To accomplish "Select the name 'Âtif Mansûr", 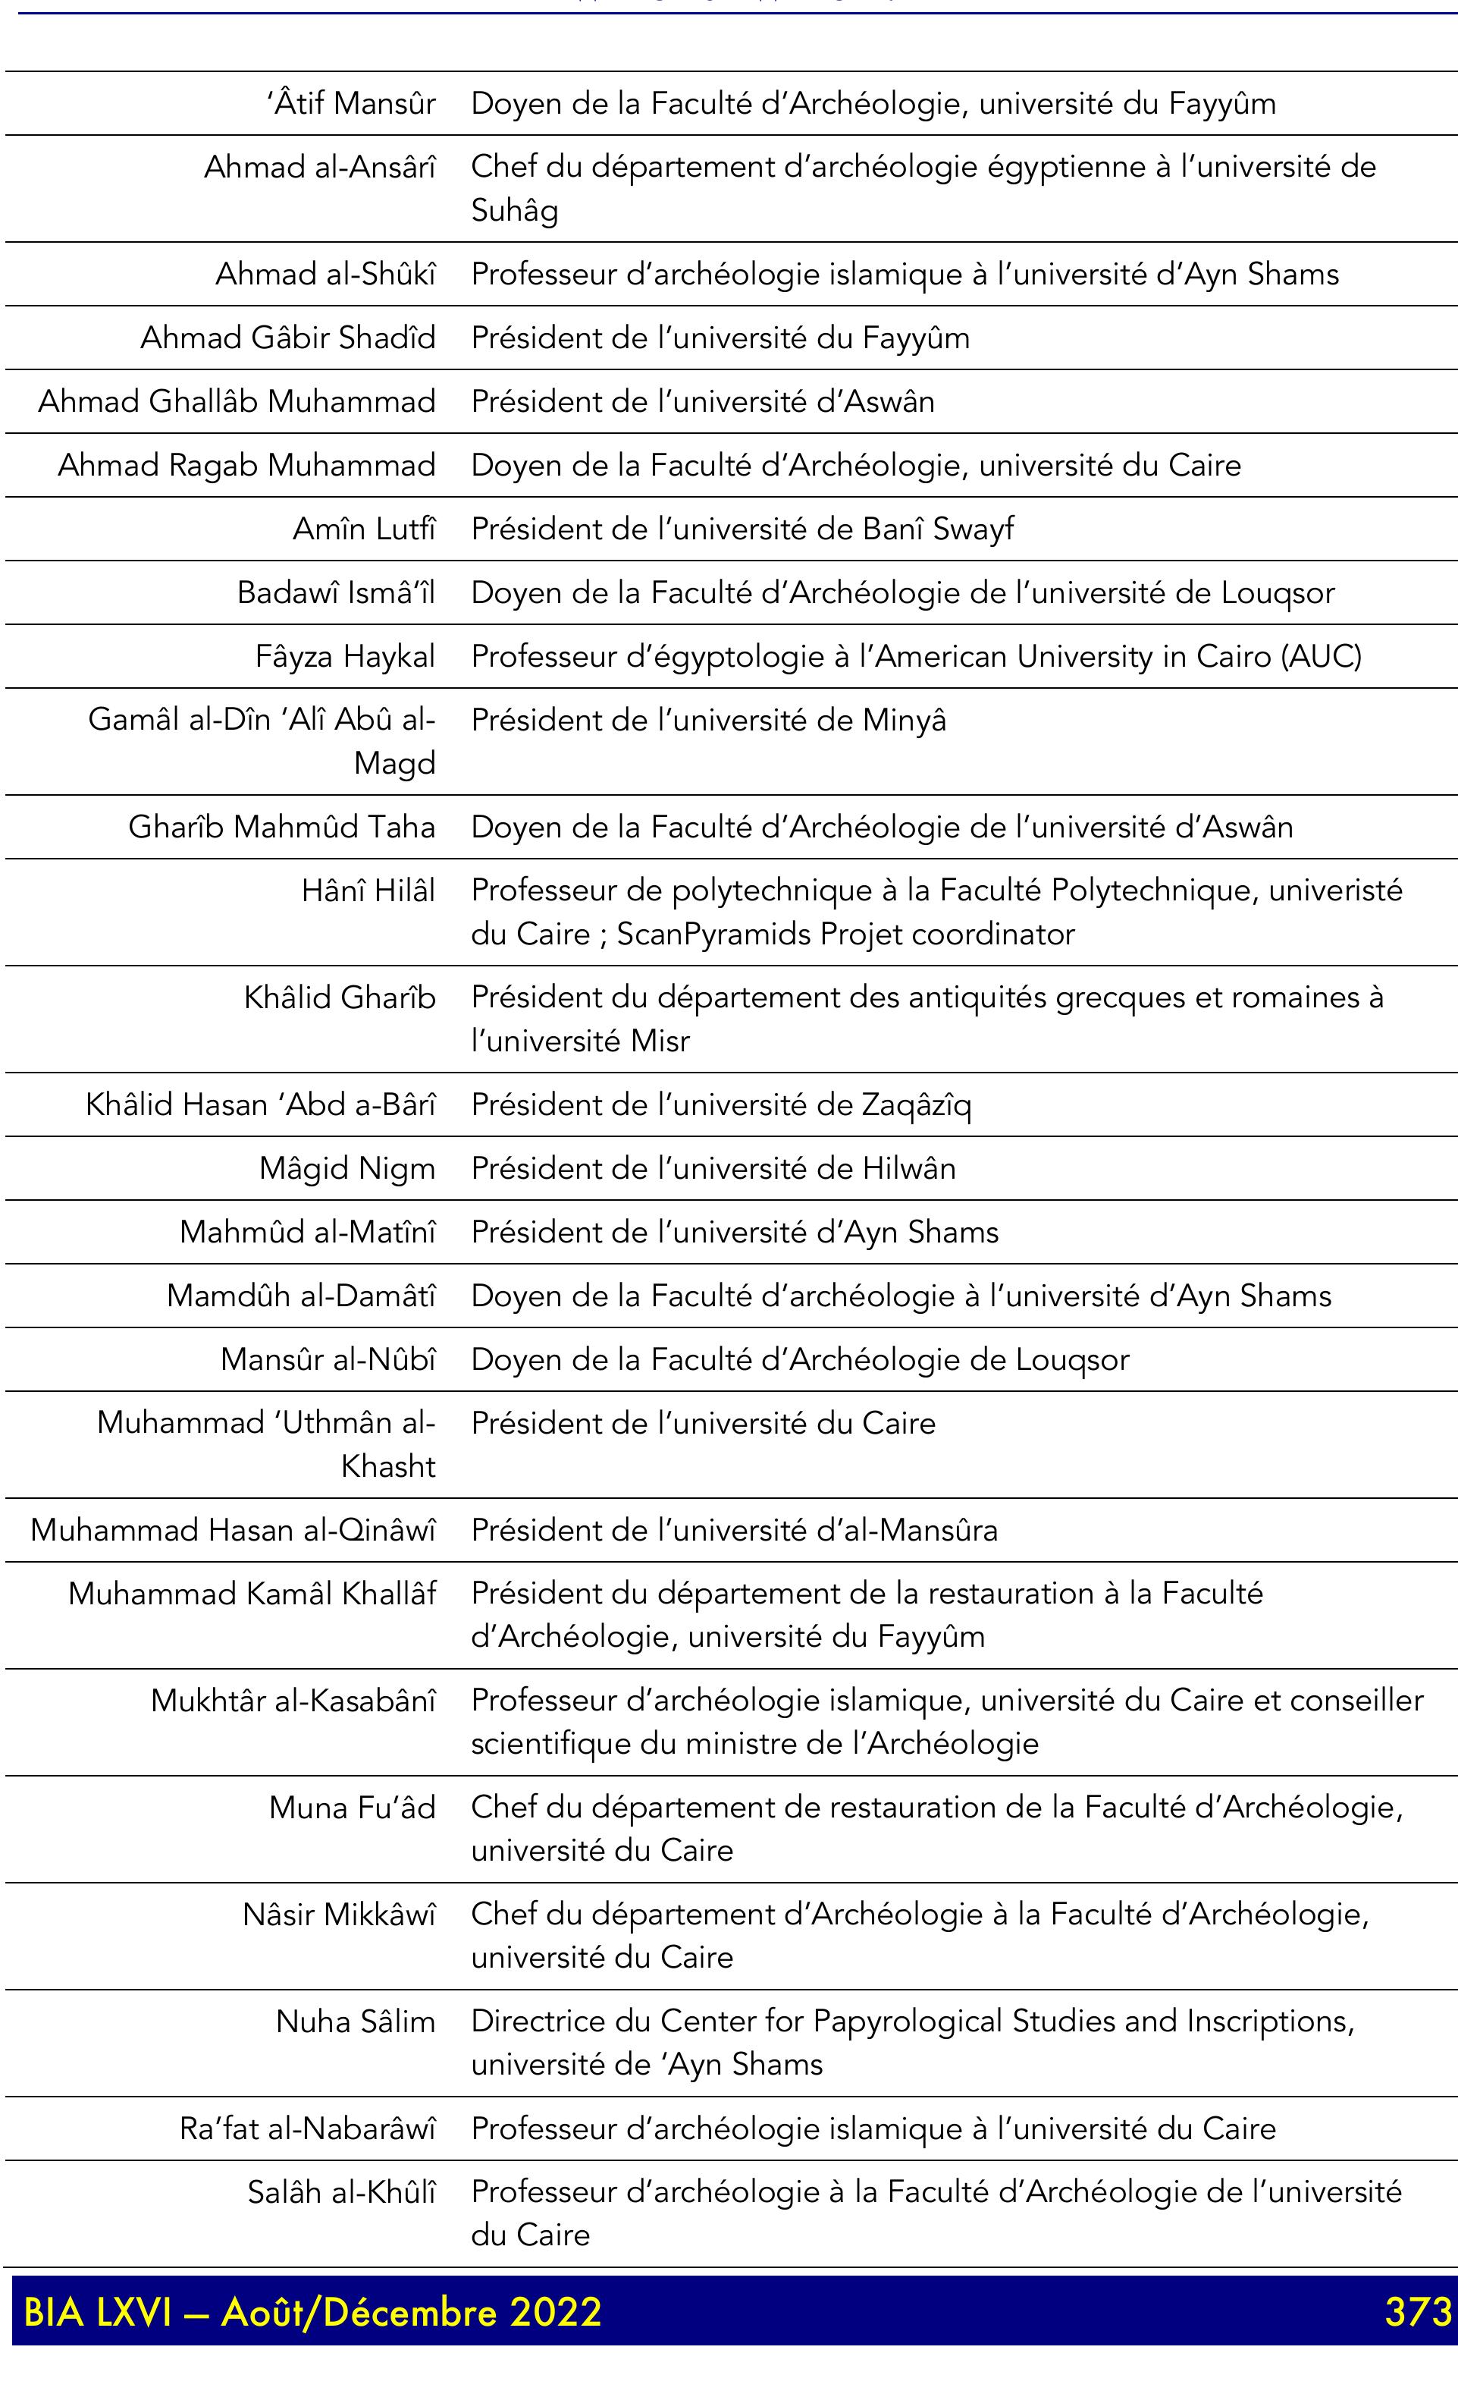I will [x=351, y=103].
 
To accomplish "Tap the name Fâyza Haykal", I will [x=345, y=657].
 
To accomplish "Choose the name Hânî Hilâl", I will [x=368, y=890].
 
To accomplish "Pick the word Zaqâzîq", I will [x=915, y=1105].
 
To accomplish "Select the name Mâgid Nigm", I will [x=347, y=1168].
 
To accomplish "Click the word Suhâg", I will [x=515, y=210].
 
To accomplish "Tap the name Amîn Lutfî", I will [x=365, y=529].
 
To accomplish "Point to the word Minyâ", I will [x=904, y=721].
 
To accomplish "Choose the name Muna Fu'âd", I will [x=352, y=1808].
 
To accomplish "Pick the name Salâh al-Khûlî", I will [x=341, y=2191].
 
